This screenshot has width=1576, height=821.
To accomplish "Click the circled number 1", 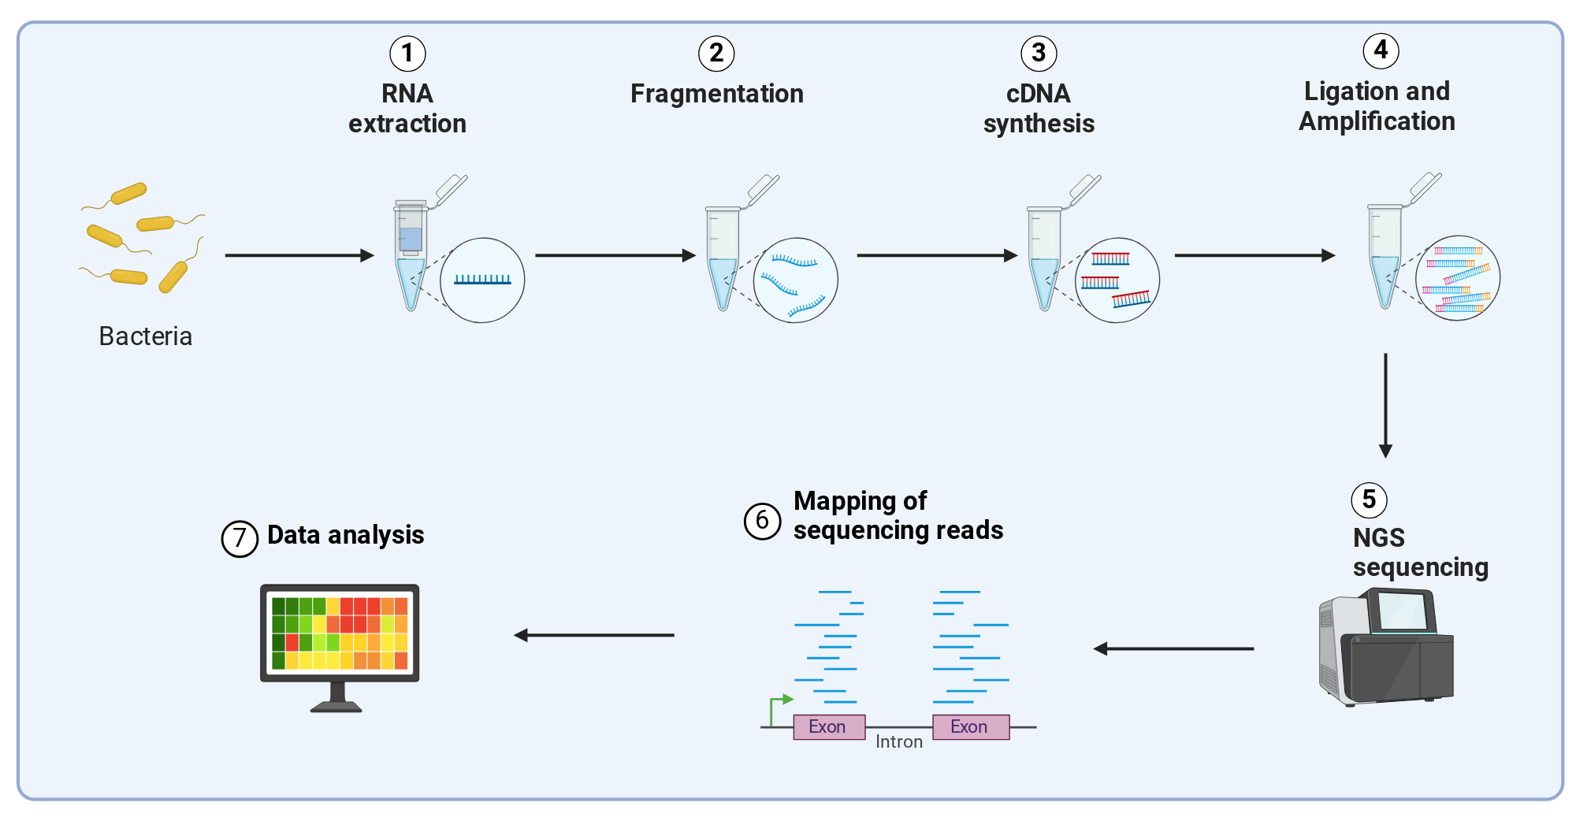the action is click(407, 54).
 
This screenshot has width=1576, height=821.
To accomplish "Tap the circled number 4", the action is click(1381, 51).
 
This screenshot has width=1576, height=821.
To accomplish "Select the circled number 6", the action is click(762, 521).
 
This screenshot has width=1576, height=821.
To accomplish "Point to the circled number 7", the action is click(240, 539).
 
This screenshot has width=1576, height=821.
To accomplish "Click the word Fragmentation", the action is click(717, 94).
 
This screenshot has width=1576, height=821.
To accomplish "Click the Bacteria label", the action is click(146, 336).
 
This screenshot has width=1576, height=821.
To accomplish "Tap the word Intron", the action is click(899, 742).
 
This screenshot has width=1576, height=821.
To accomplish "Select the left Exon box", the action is click(829, 726).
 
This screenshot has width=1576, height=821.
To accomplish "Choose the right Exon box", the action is click(971, 726).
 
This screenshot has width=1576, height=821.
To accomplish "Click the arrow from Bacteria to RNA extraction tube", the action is click(299, 255).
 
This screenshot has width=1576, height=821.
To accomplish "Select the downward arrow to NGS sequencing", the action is click(1385, 406).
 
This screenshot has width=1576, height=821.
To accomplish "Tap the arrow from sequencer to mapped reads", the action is click(1173, 648).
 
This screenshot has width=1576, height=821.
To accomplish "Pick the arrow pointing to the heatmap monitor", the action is click(593, 635).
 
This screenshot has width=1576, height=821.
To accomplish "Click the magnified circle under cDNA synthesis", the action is click(1117, 280).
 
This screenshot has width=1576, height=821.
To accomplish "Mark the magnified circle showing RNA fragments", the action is click(796, 280).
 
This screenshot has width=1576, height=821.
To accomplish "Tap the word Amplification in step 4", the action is click(1377, 121).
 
